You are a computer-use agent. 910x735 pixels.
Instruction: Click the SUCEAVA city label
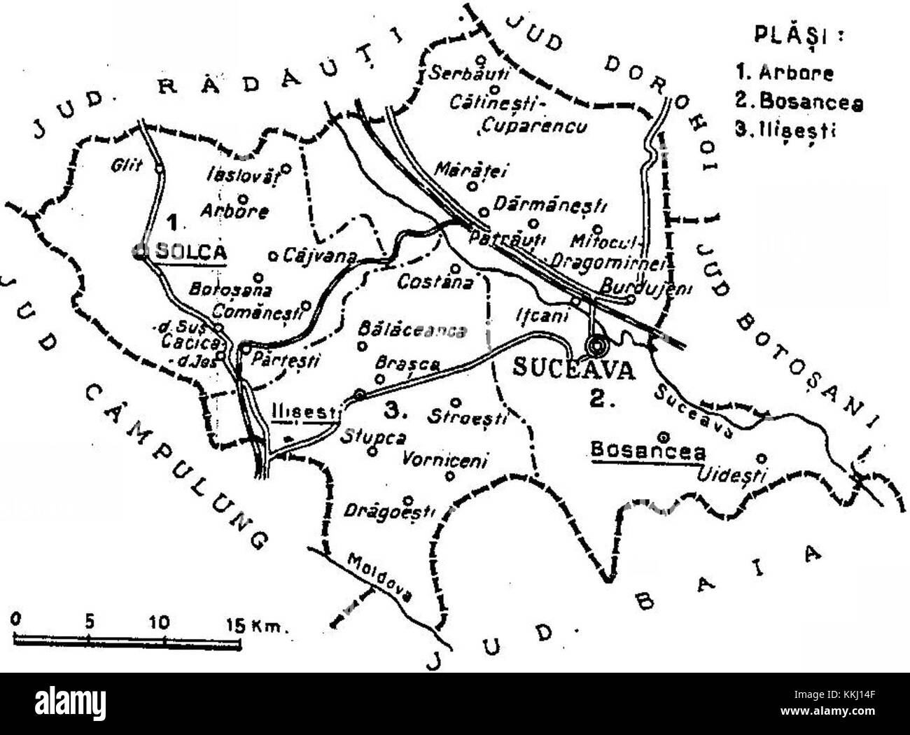[x=574, y=369]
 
